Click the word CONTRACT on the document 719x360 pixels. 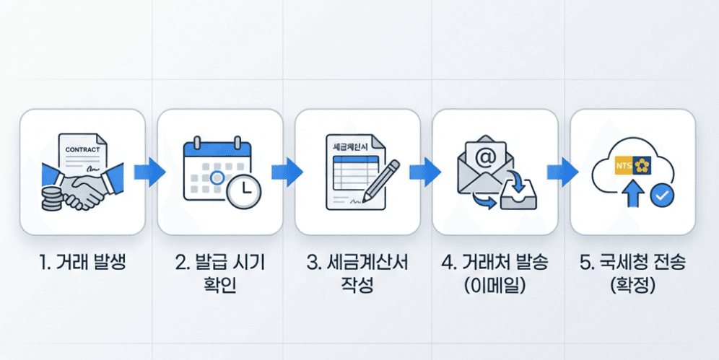click(x=82, y=149)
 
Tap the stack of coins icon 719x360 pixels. click(x=51, y=198)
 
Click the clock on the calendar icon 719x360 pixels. click(x=243, y=190)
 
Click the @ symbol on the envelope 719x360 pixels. click(x=485, y=155)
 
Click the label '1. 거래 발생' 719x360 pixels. click(x=82, y=262)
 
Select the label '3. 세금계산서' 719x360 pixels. click(x=357, y=262)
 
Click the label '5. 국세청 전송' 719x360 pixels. click(x=632, y=262)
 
